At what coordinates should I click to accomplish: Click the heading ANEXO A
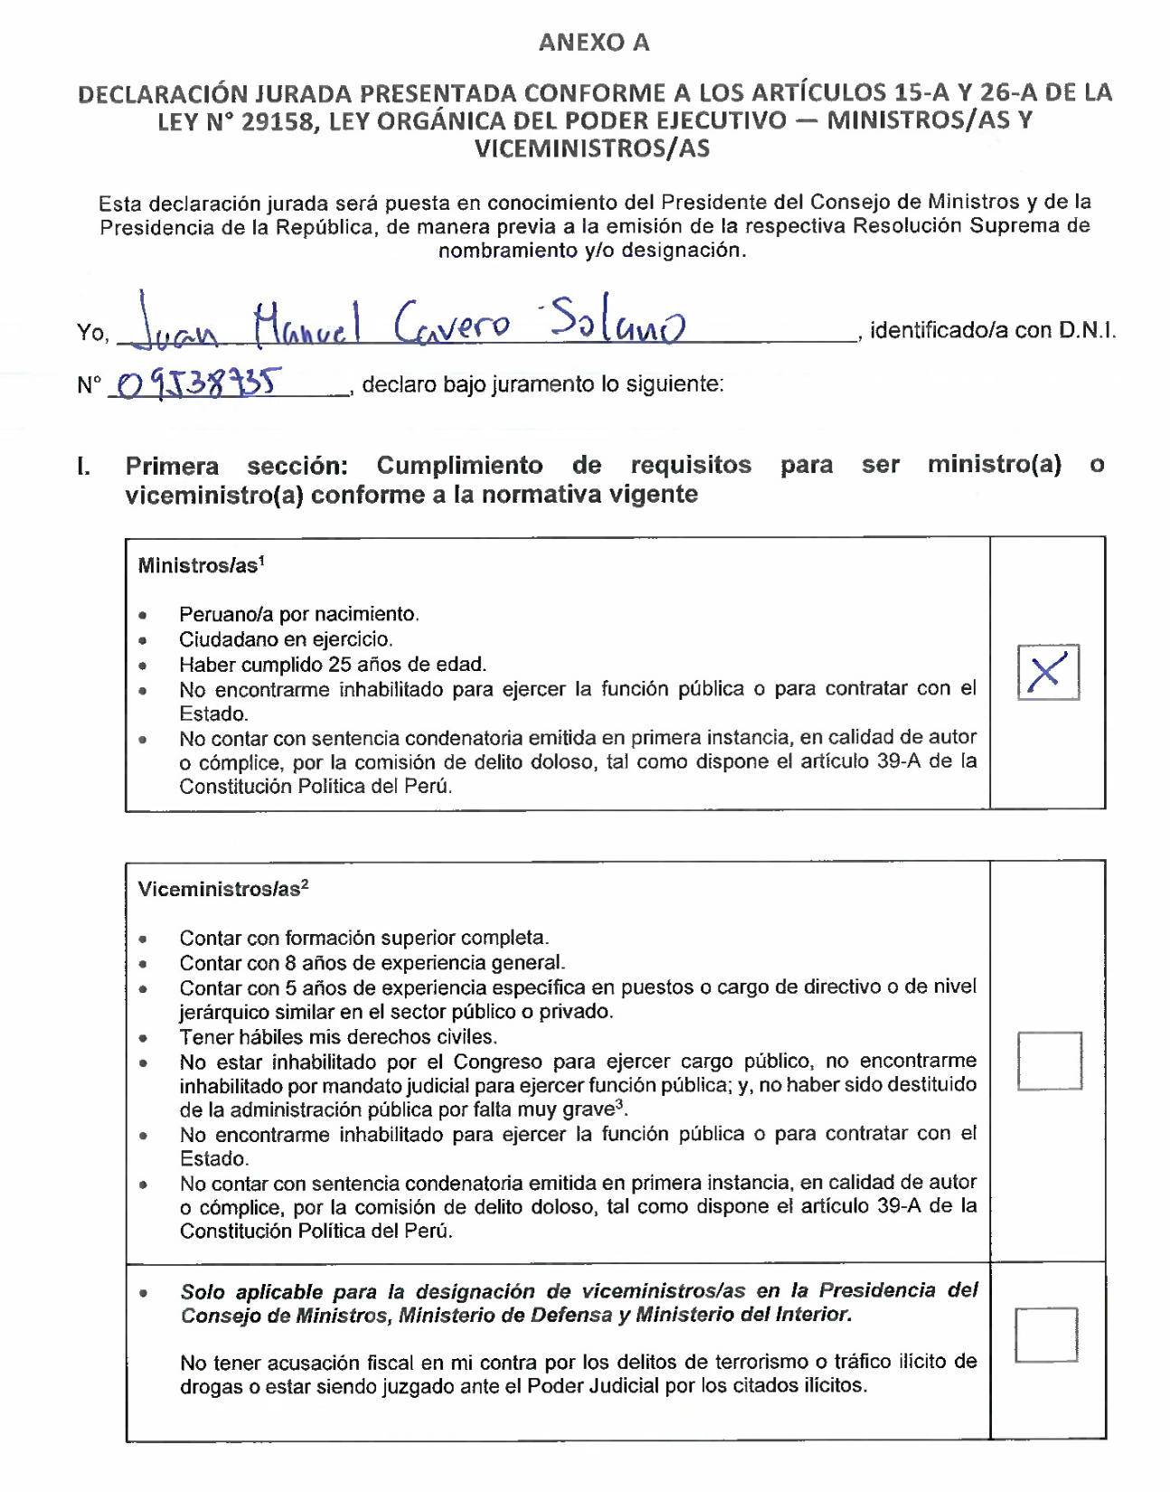[x=594, y=42]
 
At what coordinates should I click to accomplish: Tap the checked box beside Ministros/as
[x=1048, y=673]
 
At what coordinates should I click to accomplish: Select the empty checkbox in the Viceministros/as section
[x=1049, y=1061]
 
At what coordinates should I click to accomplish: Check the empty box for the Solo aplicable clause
[x=1046, y=1335]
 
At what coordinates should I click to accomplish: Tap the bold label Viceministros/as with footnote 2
[x=222, y=889]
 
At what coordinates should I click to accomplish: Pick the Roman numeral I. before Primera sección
[x=83, y=467]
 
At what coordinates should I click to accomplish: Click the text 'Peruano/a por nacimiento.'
[x=298, y=615]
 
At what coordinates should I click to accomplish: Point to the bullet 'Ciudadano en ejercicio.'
[x=286, y=640]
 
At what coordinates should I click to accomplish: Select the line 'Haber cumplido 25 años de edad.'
[x=333, y=665]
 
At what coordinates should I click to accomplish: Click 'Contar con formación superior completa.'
[x=363, y=938]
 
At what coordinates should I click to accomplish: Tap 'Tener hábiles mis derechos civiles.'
[x=338, y=1037]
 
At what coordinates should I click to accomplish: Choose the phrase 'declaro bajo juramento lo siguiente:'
[x=543, y=384]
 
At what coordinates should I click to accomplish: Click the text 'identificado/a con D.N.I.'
[x=992, y=331]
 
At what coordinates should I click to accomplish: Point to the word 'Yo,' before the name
[x=92, y=333]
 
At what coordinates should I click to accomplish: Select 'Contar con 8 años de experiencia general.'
[x=372, y=963]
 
